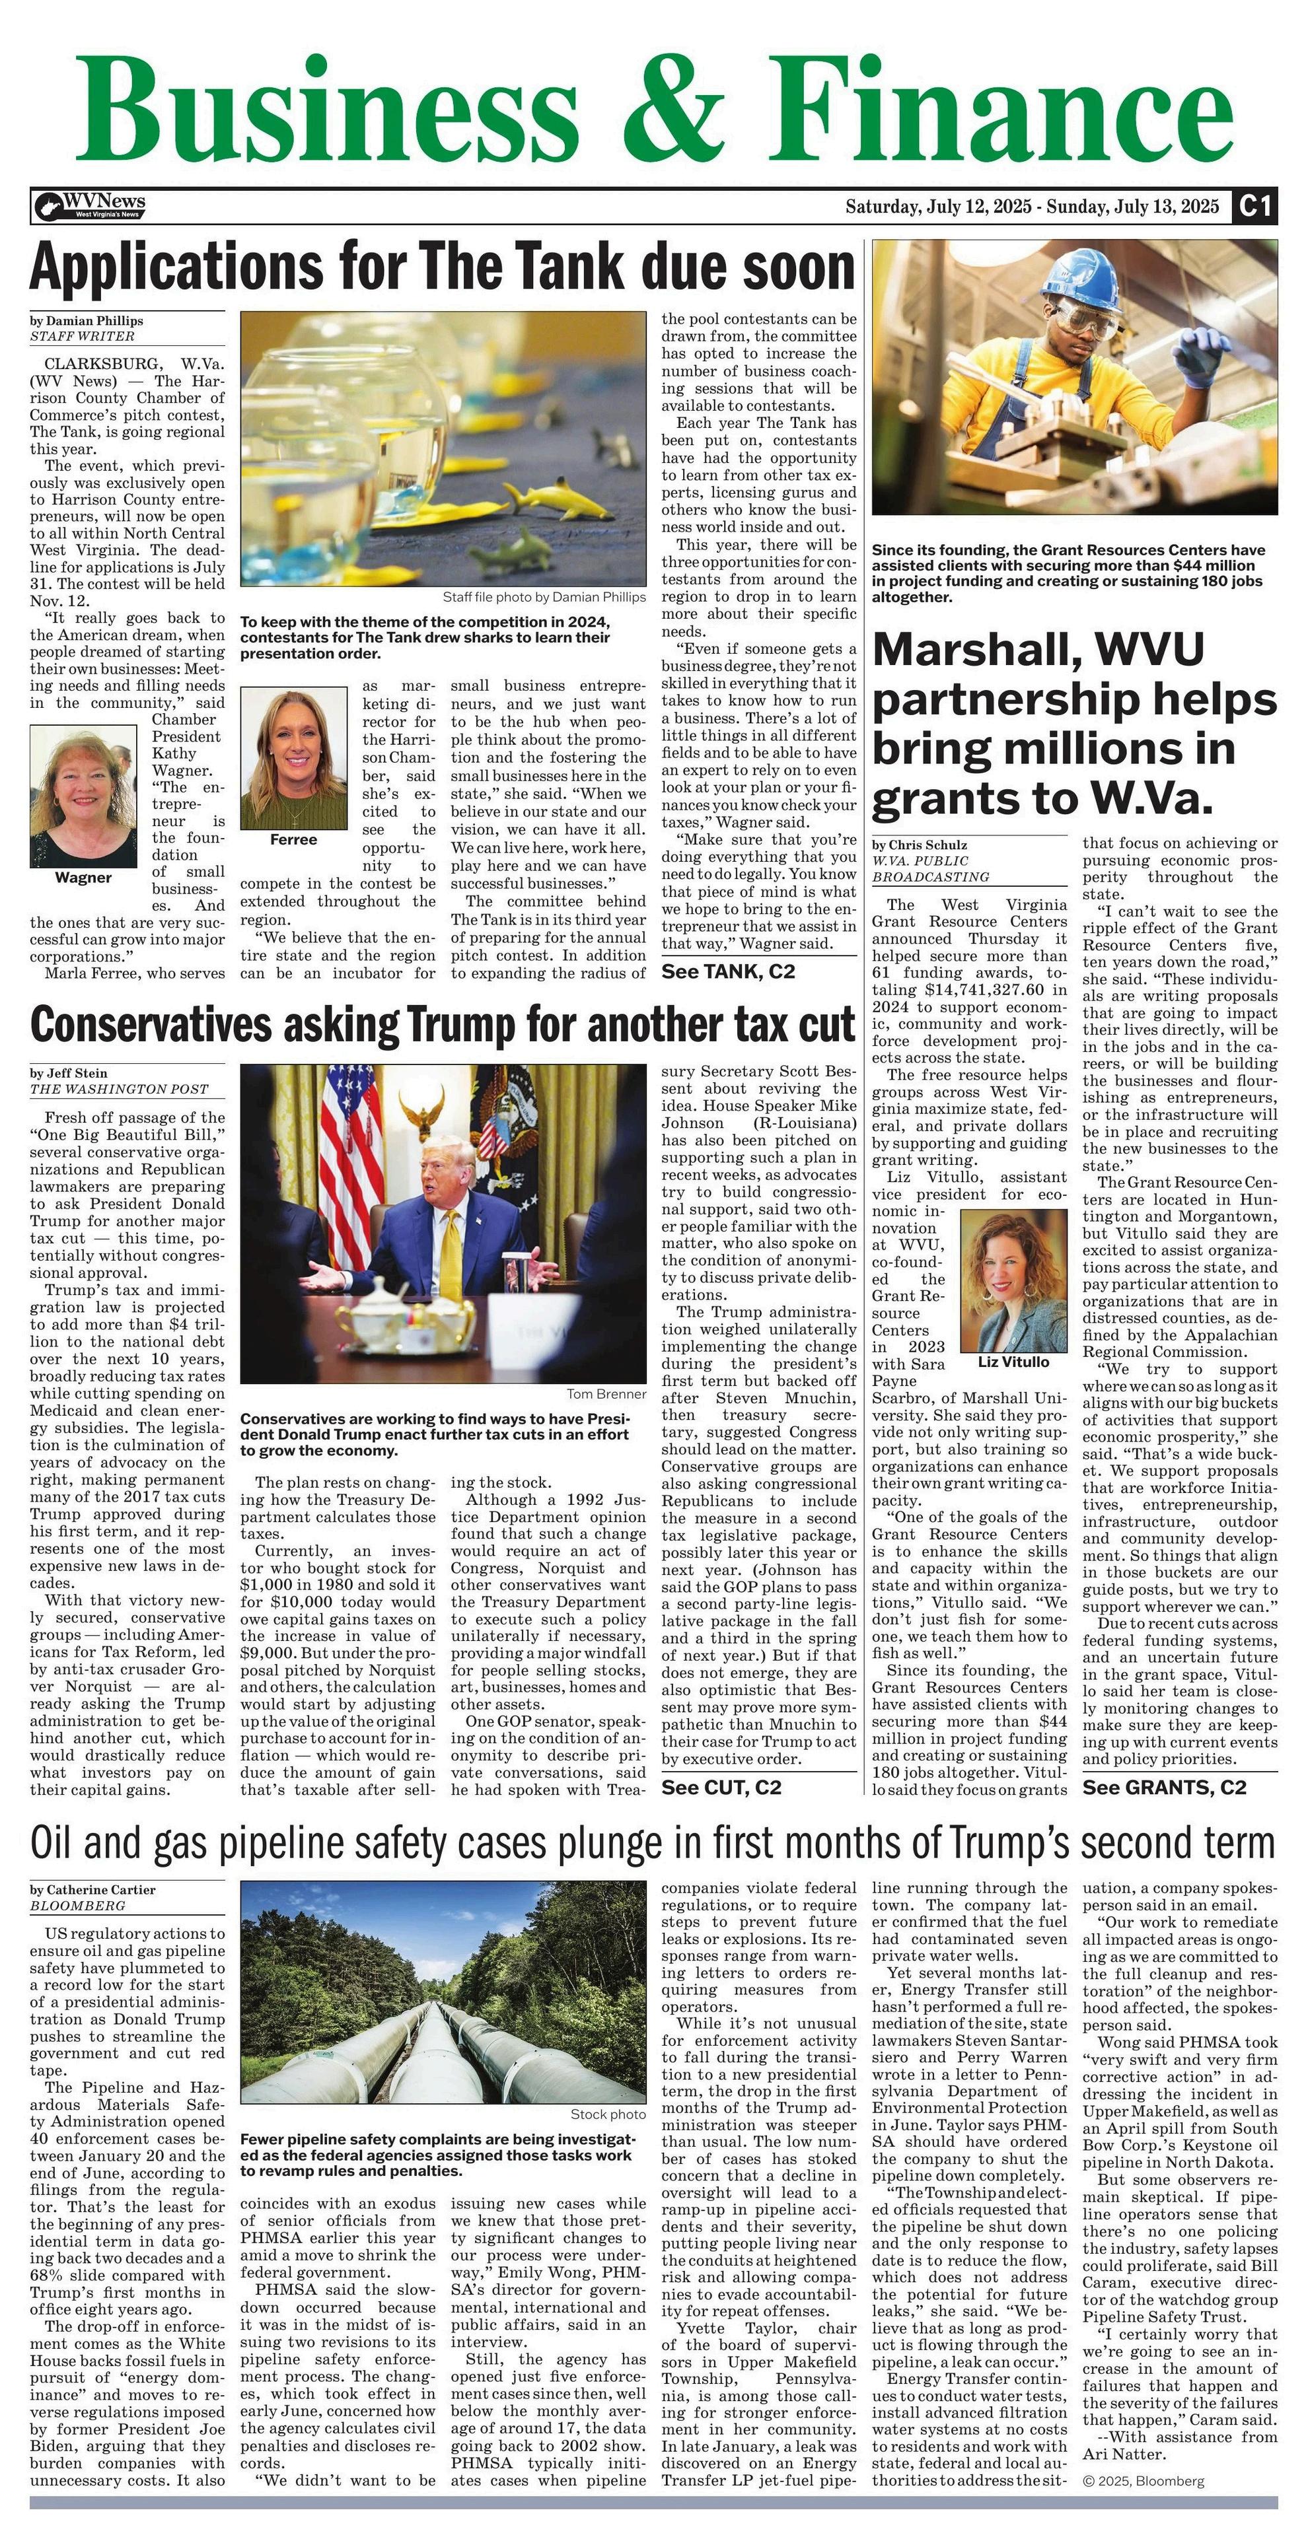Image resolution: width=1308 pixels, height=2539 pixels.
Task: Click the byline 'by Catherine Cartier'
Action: point(92,1891)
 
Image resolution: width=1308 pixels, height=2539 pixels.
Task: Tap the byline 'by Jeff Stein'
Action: point(69,1073)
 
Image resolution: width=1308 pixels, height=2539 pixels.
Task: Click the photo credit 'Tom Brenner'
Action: point(606,1395)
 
